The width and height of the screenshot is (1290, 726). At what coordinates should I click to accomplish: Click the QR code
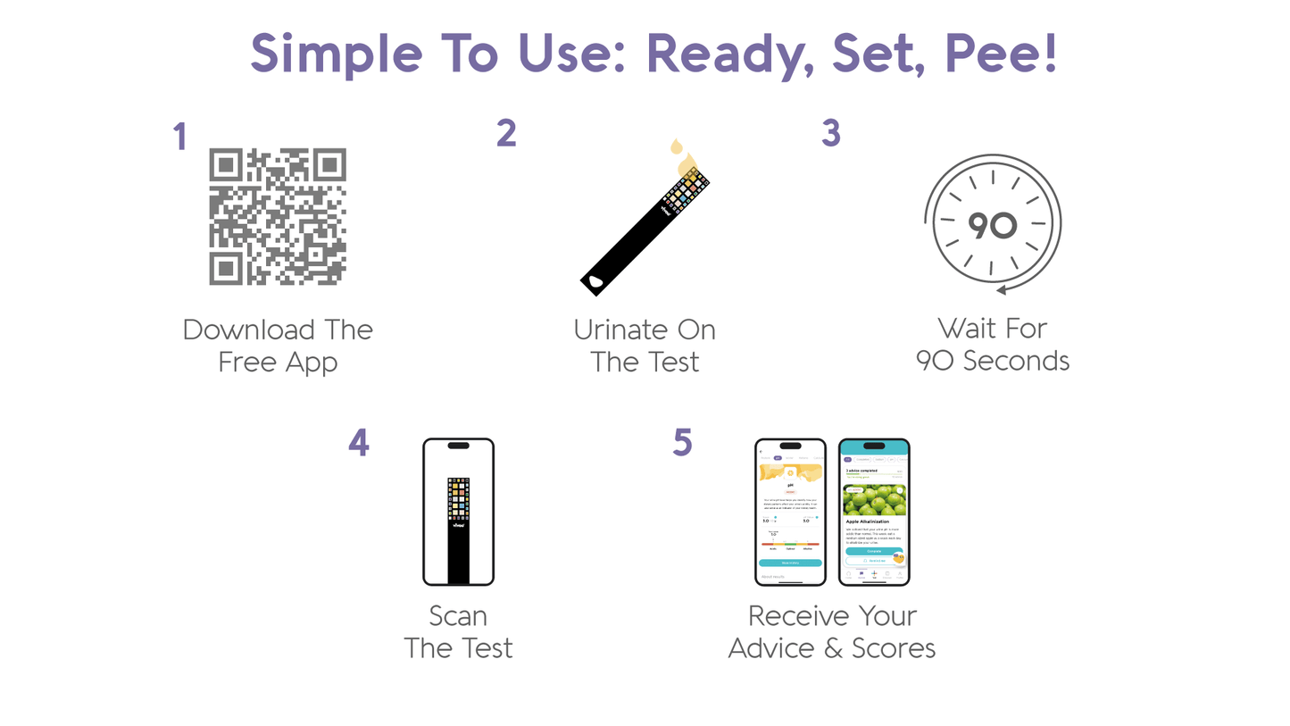pyautogui.click(x=277, y=217)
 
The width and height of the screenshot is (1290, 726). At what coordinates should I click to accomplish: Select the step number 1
pyautogui.click(x=180, y=138)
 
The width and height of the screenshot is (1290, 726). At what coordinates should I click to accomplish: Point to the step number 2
pyautogui.click(x=506, y=133)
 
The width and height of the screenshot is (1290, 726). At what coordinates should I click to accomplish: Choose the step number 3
pyautogui.click(x=830, y=133)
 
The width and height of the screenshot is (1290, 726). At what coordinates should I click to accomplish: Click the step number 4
pyautogui.click(x=358, y=443)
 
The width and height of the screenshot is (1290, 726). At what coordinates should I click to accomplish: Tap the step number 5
pyautogui.click(x=682, y=443)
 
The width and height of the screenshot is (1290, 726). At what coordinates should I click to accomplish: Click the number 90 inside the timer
pyautogui.click(x=992, y=226)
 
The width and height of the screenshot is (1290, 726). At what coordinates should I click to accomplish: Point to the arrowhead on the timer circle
pyautogui.click(x=1003, y=288)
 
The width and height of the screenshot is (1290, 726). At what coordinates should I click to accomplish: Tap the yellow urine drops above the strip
pyautogui.click(x=684, y=159)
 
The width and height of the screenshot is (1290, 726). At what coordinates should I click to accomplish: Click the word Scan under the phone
pyautogui.click(x=458, y=616)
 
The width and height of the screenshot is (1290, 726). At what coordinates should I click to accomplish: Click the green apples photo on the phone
pyautogui.click(x=874, y=499)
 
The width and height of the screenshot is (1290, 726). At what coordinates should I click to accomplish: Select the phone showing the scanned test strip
pyautogui.click(x=458, y=511)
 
